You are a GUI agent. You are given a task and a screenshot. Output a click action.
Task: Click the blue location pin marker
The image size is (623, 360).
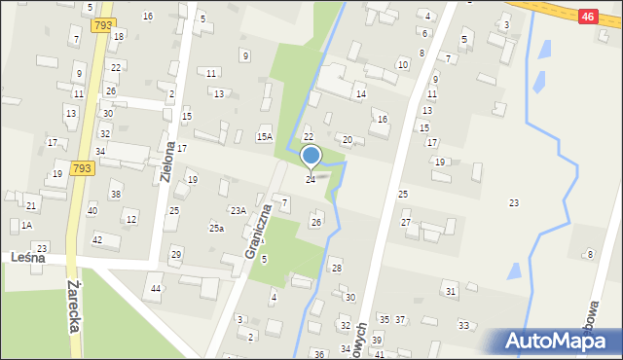tap(311, 157)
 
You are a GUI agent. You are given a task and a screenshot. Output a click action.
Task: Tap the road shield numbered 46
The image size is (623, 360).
tap(586, 17)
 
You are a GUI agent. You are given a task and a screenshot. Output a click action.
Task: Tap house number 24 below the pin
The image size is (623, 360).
tap(311, 180)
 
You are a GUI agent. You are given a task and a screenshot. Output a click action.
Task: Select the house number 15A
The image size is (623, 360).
tap(264, 137)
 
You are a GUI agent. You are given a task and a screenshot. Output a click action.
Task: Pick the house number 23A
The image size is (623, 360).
tap(238, 210)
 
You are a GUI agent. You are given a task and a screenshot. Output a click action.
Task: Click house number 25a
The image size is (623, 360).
tap(216, 228)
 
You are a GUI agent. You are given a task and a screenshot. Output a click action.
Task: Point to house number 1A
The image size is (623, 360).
tap(26, 225)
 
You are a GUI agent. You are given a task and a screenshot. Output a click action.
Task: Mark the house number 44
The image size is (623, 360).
tap(156, 289)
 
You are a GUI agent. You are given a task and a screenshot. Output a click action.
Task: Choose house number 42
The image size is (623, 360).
tap(96, 239)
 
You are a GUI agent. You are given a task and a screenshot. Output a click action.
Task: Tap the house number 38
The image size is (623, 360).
tap(115, 195)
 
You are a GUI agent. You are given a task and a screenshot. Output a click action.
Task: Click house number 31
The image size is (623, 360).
tap(450, 291)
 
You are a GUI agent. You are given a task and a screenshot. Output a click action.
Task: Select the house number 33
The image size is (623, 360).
tap(463, 325)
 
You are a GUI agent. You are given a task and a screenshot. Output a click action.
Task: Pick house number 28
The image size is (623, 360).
tap(337, 268)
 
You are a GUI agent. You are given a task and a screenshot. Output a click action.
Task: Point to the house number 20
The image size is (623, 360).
tap(347, 140)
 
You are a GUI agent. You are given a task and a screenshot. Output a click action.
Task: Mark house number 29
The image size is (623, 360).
tap(176, 254)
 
